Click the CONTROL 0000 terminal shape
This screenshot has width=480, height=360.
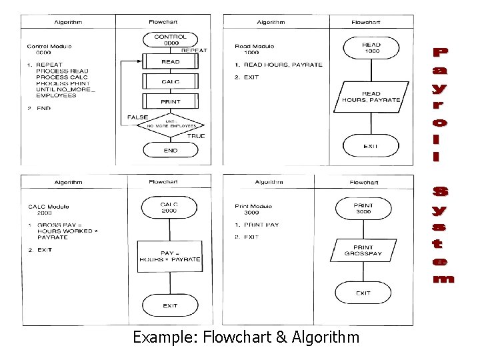170,40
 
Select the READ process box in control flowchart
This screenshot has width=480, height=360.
171,62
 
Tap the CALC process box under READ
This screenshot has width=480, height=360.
171,82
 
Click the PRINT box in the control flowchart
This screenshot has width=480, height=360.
171,102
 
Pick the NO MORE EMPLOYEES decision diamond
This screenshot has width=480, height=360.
171,124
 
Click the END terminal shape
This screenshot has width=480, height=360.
171,151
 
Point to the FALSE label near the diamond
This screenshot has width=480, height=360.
138,117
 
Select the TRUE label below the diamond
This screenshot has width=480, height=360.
196,136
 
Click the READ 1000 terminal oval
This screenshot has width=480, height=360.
371,47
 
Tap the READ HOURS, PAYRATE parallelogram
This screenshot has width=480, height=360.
371,97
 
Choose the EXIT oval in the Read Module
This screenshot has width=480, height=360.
371,146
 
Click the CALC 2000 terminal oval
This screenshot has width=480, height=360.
170,207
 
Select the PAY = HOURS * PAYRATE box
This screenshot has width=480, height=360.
170,256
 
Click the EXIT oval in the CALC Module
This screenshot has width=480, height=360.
170,306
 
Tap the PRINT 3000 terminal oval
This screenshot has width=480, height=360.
363,209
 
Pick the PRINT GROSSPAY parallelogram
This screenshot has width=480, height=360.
363,251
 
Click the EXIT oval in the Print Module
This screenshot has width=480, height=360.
363,293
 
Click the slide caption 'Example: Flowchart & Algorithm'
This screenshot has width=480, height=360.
245,337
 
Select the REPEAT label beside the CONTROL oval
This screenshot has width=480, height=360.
194,51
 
